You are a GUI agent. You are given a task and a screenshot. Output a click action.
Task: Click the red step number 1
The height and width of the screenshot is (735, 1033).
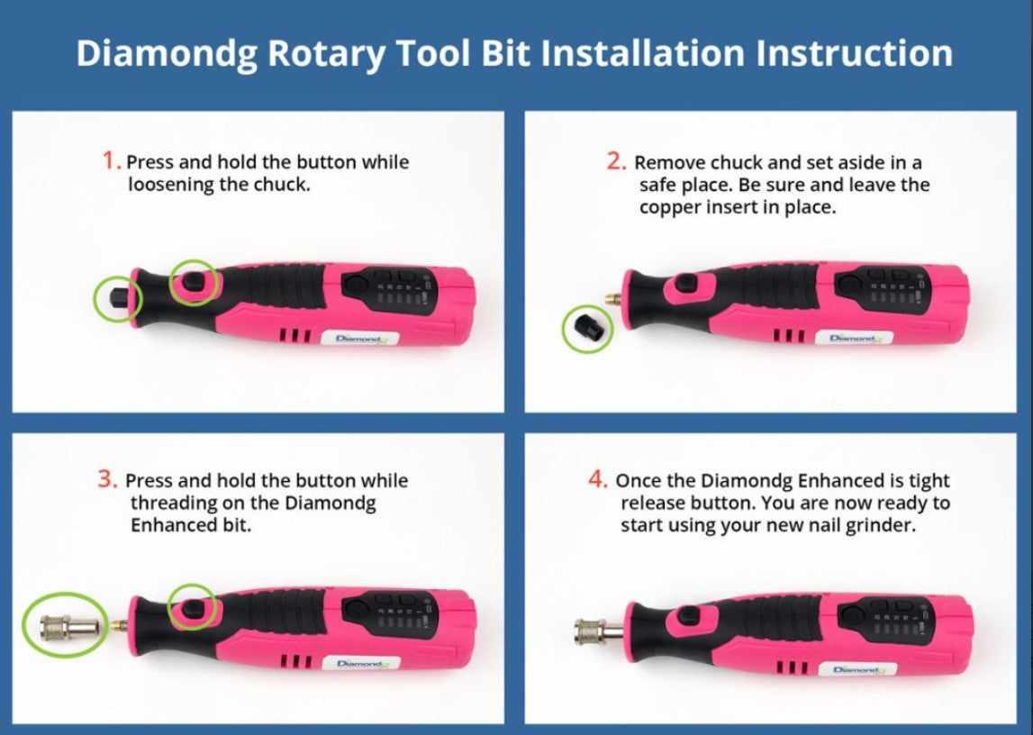[111, 161]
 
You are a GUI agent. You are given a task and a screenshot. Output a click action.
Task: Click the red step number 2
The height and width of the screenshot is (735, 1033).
[616, 161]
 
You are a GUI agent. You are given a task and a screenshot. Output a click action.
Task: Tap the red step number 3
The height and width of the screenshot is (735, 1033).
[107, 479]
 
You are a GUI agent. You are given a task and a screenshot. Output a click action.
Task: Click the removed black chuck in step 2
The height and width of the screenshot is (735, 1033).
[587, 329]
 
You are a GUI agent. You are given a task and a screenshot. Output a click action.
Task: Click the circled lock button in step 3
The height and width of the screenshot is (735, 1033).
[192, 608]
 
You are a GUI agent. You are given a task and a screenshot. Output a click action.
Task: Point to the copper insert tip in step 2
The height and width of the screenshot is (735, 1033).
[613, 296]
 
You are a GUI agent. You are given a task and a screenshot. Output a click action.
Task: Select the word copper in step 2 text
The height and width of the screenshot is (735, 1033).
[666, 206]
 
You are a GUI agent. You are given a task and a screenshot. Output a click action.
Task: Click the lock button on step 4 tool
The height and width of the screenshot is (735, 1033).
[688, 615]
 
